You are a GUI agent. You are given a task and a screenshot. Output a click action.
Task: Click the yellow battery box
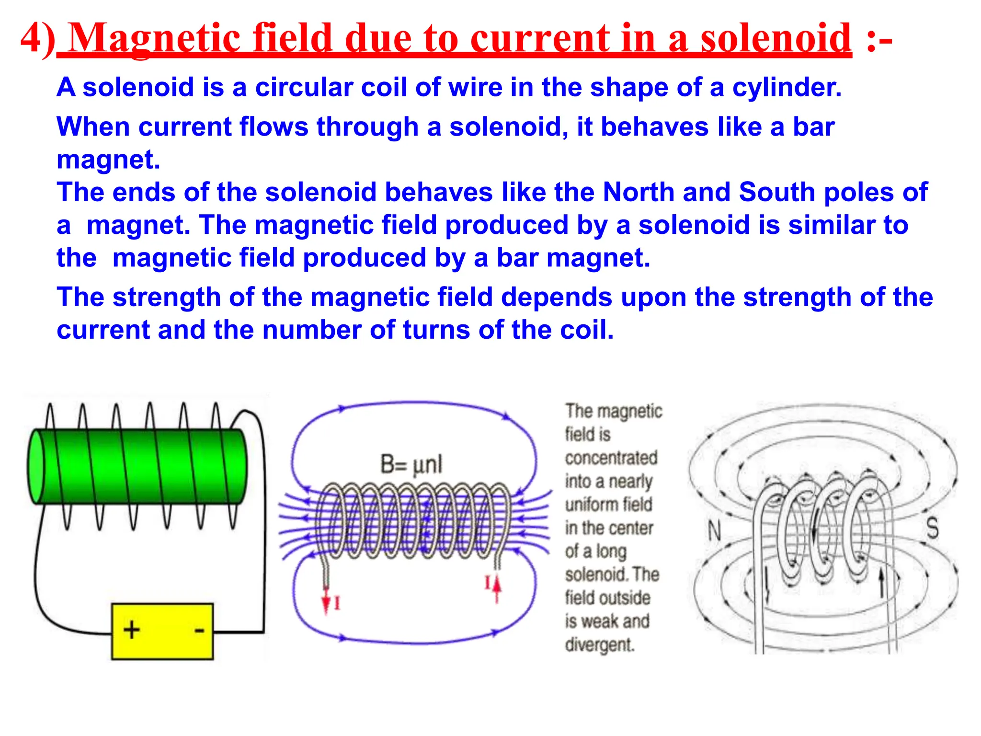162,631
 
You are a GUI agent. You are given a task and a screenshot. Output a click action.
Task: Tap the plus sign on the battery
131,629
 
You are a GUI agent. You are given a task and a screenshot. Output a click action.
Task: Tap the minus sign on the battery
199,630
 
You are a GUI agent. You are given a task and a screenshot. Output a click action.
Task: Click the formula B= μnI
411,464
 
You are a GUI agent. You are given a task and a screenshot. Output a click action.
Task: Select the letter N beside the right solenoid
714,531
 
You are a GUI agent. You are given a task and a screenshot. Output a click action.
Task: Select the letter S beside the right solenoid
932,528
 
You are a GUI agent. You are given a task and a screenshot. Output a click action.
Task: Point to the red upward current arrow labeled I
497,586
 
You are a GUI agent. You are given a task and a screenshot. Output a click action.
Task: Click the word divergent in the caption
599,644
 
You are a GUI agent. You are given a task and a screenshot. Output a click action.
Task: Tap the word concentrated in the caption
611,458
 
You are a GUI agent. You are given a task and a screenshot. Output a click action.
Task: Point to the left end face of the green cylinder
36,466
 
